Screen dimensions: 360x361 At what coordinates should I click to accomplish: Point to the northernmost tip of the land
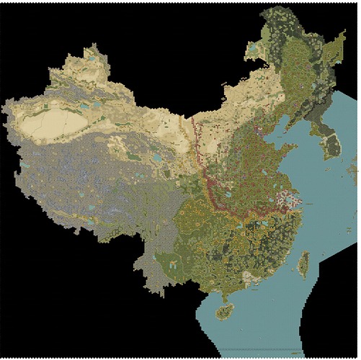pyautogui.click(x=278, y=7)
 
